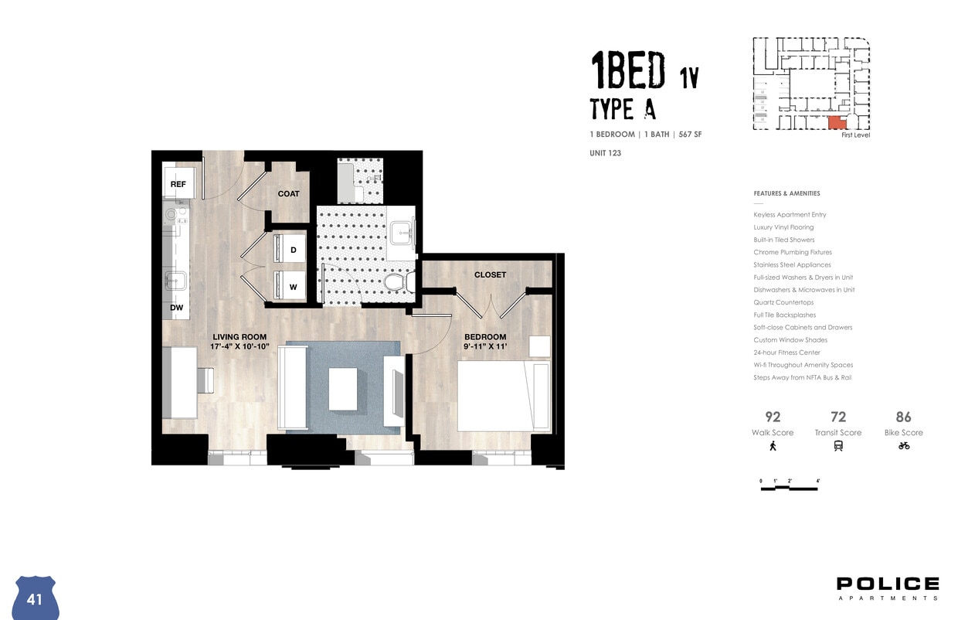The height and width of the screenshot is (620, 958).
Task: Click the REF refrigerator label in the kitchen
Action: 178,184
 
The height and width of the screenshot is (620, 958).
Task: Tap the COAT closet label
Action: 288,193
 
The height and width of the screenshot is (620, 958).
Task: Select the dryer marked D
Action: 293,250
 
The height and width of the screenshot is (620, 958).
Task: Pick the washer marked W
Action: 293,287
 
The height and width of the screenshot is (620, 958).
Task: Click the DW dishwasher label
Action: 177,308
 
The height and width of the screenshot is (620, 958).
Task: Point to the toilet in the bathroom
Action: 395,282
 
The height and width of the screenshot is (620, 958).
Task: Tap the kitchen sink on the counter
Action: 176,281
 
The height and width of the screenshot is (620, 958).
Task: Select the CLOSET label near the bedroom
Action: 490,274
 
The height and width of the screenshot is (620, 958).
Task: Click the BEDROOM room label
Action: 484,337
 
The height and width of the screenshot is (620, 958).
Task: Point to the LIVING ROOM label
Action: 239,337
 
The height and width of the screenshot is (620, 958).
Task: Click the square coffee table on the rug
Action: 343,389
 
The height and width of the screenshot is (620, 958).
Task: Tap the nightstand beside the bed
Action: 539,346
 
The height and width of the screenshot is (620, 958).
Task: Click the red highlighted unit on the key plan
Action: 836,122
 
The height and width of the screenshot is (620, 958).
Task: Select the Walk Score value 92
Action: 773,417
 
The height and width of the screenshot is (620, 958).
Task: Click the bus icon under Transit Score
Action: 838,445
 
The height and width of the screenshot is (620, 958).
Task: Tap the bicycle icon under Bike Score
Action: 904,445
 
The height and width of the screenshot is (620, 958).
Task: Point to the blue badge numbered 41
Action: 36,598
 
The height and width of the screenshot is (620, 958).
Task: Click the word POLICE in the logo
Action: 888,584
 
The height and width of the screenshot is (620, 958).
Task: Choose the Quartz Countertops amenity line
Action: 783,302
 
